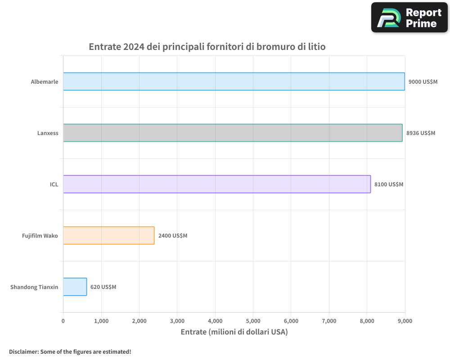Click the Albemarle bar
click(x=234, y=81)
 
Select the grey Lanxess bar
click(x=233, y=133)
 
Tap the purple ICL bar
click(x=217, y=184)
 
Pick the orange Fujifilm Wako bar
click(x=109, y=235)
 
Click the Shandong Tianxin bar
click(x=75, y=287)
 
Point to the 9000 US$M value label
click(x=423, y=82)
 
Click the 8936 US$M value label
click(x=421, y=133)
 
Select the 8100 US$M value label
click(x=389, y=184)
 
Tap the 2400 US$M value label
click(x=173, y=236)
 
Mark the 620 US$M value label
click(x=103, y=287)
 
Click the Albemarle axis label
click(x=45, y=82)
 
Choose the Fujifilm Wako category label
click(x=40, y=236)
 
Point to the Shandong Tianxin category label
click(x=34, y=287)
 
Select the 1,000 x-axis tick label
click(x=101, y=321)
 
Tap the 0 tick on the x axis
click(x=63, y=321)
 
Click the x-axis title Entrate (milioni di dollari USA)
click(x=234, y=332)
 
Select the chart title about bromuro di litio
click(x=207, y=47)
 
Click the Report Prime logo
click(x=409, y=18)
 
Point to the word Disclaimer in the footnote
click(x=23, y=351)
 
